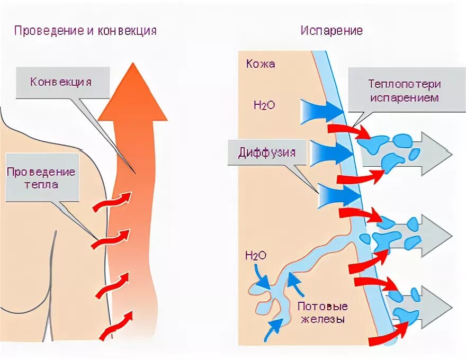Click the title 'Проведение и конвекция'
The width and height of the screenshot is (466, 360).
(x=85, y=30)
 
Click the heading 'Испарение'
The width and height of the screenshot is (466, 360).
(x=331, y=30)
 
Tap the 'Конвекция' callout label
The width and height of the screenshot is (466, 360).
(x=61, y=82)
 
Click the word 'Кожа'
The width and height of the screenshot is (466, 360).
(x=261, y=64)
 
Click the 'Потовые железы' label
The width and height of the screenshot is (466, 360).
(x=322, y=312)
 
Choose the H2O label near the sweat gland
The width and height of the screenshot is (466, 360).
(x=256, y=256)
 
